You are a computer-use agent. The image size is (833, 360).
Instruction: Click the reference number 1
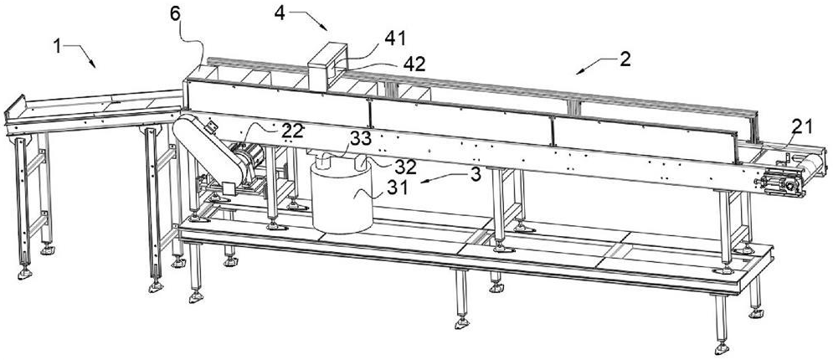pos(57,46)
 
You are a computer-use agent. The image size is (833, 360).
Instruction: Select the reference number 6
pos(175,13)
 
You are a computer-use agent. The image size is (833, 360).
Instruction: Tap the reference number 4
pos(280,13)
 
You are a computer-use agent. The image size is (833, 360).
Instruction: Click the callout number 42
pos(414,64)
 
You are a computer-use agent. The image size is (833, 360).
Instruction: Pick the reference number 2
pos(625,59)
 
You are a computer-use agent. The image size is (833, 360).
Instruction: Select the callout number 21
pos(801,126)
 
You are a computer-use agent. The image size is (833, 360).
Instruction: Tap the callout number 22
pos(292,130)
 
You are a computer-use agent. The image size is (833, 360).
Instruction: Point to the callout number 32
pos(405,167)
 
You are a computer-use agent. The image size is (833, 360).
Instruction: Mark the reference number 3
pos(476,174)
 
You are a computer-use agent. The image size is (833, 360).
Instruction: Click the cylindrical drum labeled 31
pos(342,199)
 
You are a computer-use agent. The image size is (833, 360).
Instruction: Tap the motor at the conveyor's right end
pos(780,184)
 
